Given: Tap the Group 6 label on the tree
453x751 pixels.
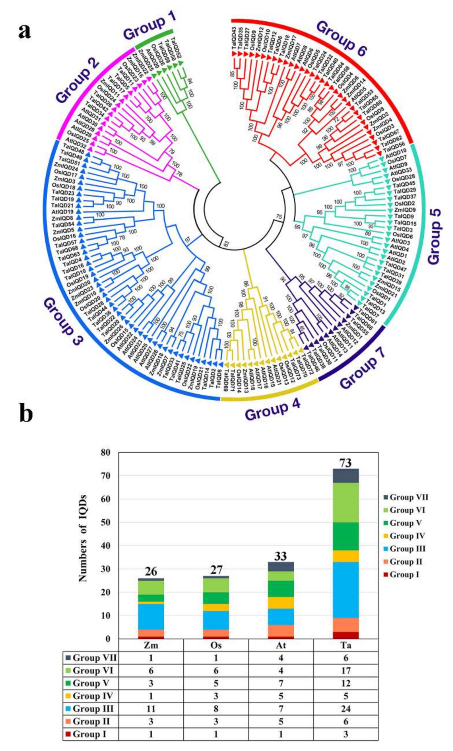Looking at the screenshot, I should click(341, 39).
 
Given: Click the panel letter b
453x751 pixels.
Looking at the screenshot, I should click(26, 413).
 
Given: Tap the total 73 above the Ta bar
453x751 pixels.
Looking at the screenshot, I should click(345, 463).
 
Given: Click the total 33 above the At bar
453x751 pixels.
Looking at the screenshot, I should click(281, 556).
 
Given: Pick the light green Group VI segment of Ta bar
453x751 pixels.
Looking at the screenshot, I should click(345, 502).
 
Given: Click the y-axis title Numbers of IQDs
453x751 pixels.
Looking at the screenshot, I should click(83, 538).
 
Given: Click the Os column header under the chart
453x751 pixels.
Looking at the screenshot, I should click(216, 645).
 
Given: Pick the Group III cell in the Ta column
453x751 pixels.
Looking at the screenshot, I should click(345, 708).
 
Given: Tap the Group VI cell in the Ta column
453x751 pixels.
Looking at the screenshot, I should click(345, 671).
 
